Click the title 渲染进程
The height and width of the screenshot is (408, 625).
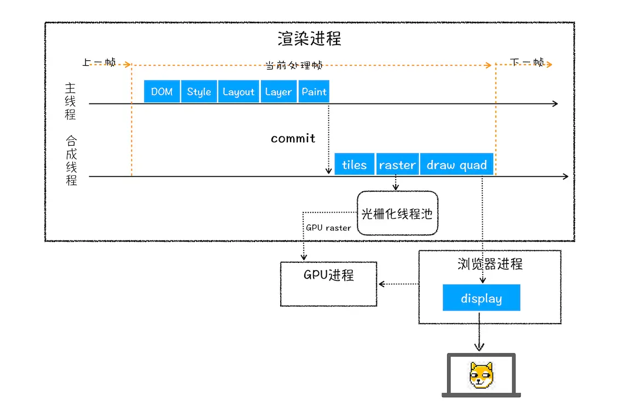(309, 39)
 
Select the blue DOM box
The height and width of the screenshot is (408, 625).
(162, 91)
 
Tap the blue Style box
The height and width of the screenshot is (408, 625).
(199, 91)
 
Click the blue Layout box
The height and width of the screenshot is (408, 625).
(239, 91)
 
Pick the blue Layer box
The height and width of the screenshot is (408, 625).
(278, 91)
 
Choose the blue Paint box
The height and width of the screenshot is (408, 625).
(314, 91)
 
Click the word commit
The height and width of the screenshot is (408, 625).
(293, 139)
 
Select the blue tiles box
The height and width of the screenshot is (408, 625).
(354, 165)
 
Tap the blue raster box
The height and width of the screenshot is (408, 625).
(397, 165)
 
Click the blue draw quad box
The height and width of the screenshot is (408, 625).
(456, 165)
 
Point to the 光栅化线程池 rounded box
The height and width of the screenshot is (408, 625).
(397, 214)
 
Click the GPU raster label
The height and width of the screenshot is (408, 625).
(328, 228)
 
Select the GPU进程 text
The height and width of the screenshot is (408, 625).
(328, 275)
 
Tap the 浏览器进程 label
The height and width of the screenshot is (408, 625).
(490, 264)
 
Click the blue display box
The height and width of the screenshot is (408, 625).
(481, 298)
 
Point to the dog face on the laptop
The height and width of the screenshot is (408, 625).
(481, 376)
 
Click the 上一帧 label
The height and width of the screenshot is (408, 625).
(99, 62)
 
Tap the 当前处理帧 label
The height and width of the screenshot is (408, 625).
(294, 65)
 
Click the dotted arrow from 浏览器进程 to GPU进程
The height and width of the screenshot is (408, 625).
(398, 284)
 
